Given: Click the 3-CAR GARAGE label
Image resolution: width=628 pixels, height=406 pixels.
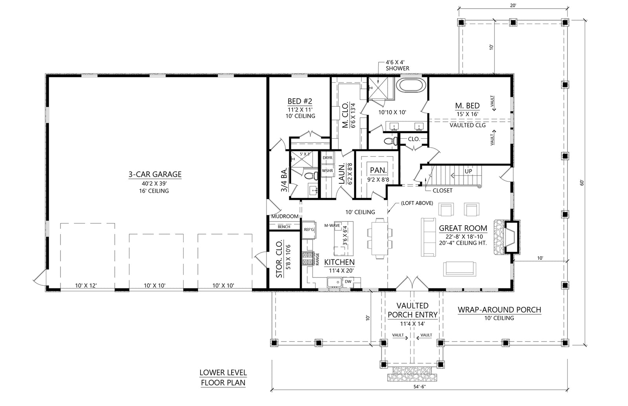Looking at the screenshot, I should click(155, 174).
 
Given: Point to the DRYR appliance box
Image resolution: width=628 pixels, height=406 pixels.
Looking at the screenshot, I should click(327, 158).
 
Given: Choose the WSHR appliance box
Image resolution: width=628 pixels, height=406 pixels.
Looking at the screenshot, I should click(327, 171).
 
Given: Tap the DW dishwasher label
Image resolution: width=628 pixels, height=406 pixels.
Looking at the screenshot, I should click(348, 281).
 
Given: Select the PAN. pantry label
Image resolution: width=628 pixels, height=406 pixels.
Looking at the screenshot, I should click(378, 170).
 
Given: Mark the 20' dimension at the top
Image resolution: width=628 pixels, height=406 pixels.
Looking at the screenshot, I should click(513, 5).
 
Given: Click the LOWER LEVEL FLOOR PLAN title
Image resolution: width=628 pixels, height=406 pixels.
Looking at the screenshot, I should click(223, 377).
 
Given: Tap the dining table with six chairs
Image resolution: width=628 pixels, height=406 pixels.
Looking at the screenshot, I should click(380, 238).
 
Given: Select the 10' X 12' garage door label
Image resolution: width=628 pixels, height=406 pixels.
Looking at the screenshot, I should click(86, 286).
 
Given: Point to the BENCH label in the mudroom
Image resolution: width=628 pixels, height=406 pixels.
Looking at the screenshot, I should click(284, 227).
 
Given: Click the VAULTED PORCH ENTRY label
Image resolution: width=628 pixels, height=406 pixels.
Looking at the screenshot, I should click(413, 310).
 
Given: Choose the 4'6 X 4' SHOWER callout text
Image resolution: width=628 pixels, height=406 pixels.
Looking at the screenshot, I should click(397, 65).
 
